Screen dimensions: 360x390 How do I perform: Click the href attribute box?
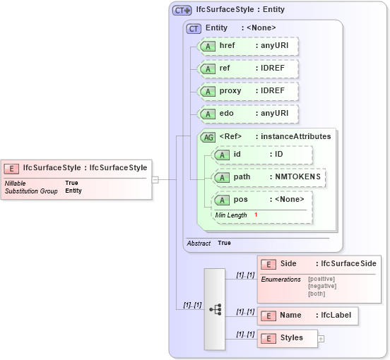(248, 46)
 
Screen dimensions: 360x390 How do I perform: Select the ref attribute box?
(248, 68)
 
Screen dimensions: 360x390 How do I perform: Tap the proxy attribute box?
(248, 91)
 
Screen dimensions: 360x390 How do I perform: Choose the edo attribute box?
(248, 114)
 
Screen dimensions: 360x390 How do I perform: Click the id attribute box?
(262, 155)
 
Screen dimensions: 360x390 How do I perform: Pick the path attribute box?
(269, 176)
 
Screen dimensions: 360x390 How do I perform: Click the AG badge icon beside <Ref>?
(208, 137)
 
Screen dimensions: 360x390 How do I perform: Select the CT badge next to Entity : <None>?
(194, 28)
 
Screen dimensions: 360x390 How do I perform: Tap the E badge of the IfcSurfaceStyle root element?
(11, 168)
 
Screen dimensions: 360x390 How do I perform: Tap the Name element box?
(308, 316)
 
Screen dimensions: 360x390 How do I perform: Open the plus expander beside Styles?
(321, 339)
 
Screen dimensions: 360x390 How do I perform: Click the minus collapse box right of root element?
(155, 179)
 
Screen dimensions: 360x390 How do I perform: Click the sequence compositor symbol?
(215, 309)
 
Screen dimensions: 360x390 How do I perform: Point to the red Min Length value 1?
(256, 215)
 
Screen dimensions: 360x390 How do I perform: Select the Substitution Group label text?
(31, 191)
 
